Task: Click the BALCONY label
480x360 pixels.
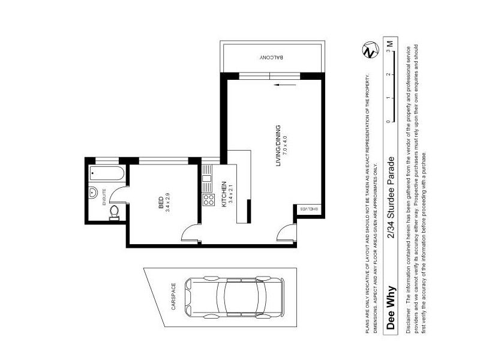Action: click(272, 57)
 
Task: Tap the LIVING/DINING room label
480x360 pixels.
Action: click(278, 146)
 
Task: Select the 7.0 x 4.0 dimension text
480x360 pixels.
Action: click(285, 146)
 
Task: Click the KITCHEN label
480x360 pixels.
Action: click(224, 194)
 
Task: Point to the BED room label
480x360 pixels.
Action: click(161, 203)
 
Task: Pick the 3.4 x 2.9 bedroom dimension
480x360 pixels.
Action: click(168, 203)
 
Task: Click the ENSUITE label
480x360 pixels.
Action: click(104, 197)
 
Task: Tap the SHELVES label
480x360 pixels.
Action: click(309, 209)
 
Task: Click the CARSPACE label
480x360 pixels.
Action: click(173, 296)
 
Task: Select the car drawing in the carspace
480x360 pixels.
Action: click(234, 297)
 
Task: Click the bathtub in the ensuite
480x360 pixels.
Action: click(107, 174)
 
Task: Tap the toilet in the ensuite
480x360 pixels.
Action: click(114, 213)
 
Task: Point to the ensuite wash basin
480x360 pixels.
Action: click(93, 193)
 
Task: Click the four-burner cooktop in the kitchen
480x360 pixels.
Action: click(208, 200)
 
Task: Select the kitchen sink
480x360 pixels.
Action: click(206, 178)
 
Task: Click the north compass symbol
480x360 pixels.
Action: click(370, 50)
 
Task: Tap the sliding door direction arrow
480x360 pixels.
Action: click(285, 85)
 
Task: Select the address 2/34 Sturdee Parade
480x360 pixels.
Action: click(391, 197)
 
